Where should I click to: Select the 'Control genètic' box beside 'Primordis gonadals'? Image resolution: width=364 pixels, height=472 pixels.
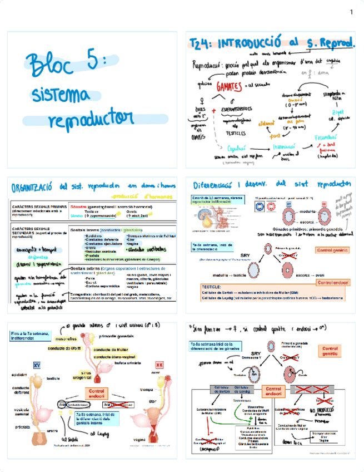[x=332, y=250]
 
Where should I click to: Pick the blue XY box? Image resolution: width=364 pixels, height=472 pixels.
[x=36, y=365]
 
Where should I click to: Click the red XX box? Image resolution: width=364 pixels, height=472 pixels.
[x=159, y=365]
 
